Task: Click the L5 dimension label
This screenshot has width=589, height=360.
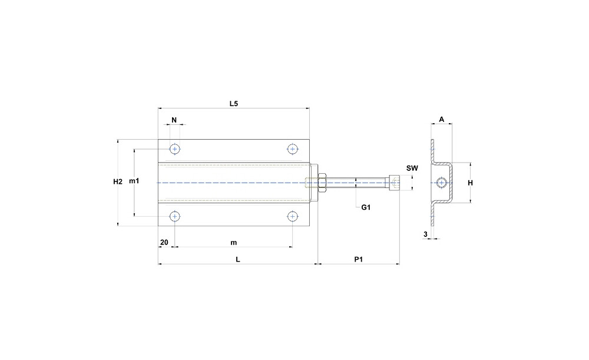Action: [234, 104]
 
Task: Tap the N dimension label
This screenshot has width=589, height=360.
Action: [174, 120]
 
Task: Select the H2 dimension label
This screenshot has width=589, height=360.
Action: [118, 182]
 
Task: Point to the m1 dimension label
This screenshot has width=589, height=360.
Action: [134, 181]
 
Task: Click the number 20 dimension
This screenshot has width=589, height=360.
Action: [164, 242]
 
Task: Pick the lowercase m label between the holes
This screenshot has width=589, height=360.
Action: [234, 243]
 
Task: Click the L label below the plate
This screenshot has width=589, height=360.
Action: [238, 259]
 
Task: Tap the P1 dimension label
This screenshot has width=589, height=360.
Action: [359, 259]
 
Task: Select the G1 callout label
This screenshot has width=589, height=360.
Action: [366, 207]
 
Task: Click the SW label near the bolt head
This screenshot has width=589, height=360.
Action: [412, 169]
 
